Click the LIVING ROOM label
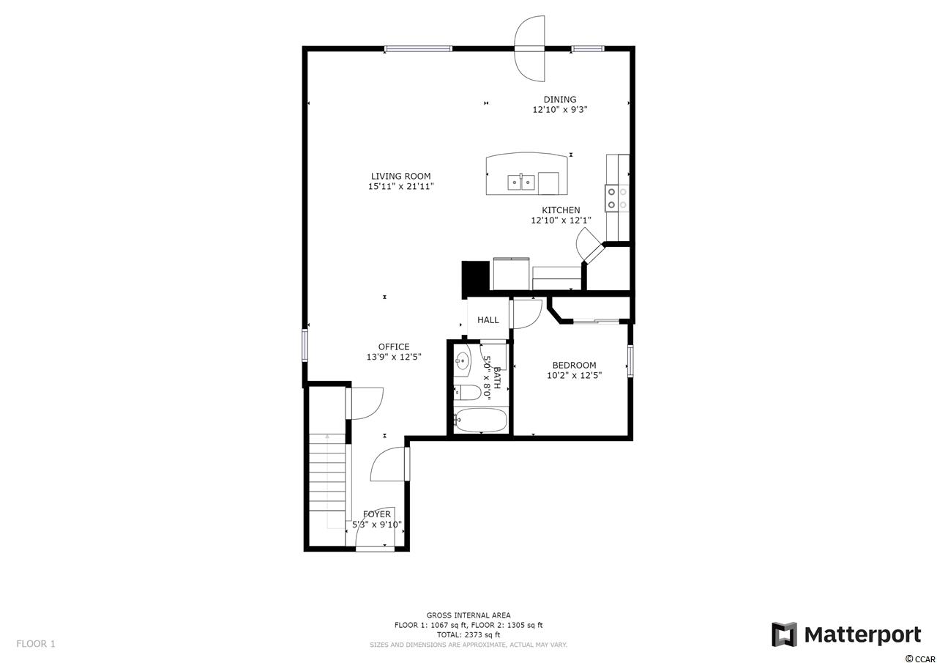pyautogui.click(x=400, y=177)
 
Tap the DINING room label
pyautogui.click(x=560, y=99)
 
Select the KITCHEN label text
pyautogui.click(x=561, y=210)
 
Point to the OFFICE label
pyautogui.click(x=394, y=347)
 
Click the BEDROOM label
pyautogui.click(x=574, y=365)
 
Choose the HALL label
pyautogui.click(x=488, y=320)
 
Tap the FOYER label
pyautogui.click(x=377, y=514)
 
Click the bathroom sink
pyautogui.click(x=462, y=360)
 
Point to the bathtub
pyautogui.click(x=480, y=421)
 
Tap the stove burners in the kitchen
pyautogui.click(x=617, y=199)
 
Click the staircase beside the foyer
pyautogui.click(x=327, y=482)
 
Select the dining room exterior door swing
pyautogui.click(x=529, y=49)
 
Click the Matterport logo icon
pyautogui.click(x=784, y=634)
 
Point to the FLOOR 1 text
pyautogui.click(x=36, y=644)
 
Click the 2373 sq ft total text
pyautogui.click(x=468, y=634)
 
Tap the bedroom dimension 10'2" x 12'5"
pyautogui.click(x=574, y=375)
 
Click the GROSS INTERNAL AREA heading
pyautogui.click(x=468, y=615)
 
